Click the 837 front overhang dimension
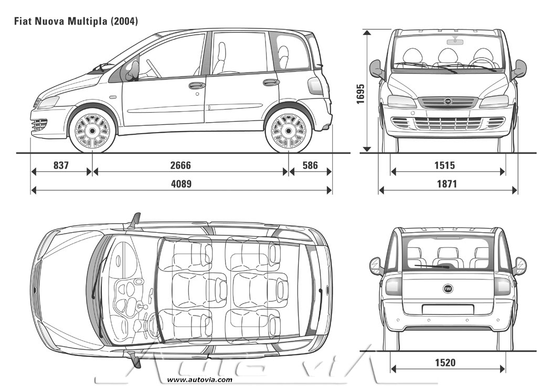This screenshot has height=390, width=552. [x=61, y=166]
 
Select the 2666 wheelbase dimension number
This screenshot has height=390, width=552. [x=181, y=166]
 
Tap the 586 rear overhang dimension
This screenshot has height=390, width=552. [x=310, y=166]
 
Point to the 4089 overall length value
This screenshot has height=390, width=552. [x=181, y=184]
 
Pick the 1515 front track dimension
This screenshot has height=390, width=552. [x=444, y=166]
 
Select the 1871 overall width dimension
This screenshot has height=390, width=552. [x=444, y=184]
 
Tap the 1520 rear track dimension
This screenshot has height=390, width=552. [x=444, y=362]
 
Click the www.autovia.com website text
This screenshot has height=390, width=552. [x=199, y=380]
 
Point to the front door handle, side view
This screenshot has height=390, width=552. [x=197, y=85]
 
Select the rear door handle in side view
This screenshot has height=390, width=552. [x=271, y=82]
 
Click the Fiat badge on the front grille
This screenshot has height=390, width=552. [x=448, y=101]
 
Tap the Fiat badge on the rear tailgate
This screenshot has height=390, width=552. [x=448, y=288]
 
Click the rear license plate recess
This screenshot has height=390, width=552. [x=448, y=309]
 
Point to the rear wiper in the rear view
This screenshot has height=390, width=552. [x=433, y=266]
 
